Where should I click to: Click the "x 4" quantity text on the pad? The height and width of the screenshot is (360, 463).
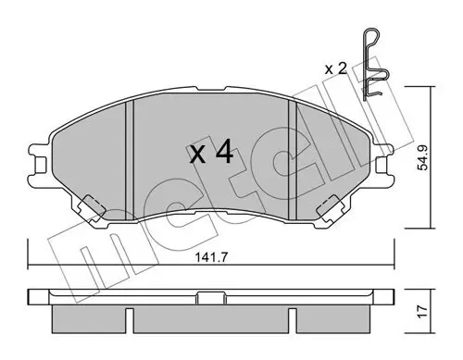click(x=212, y=153)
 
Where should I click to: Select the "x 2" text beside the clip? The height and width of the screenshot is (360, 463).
click(x=335, y=68)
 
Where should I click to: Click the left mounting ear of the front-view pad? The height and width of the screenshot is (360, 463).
click(x=39, y=162)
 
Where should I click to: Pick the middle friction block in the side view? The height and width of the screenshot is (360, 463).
click(x=212, y=320)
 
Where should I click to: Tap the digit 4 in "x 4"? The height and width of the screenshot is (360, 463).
click(x=223, y=153)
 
